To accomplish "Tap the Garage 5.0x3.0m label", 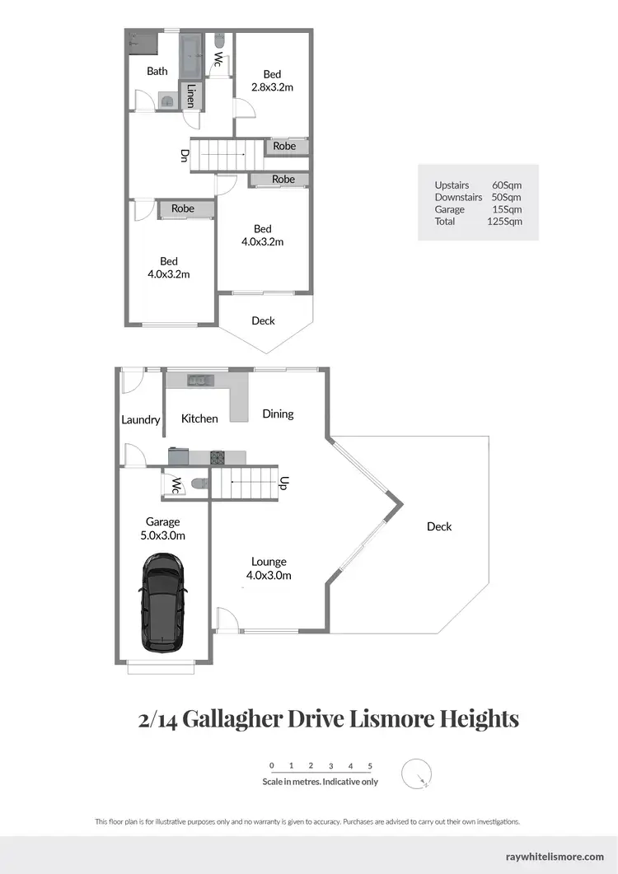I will tap(163, 528).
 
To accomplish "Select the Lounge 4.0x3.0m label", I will tap(269, 569).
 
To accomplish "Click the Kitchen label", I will tap(199, 418).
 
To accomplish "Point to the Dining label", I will tap(278, 414).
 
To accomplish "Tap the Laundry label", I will tap(140, 419).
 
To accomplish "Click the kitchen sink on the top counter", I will tap(198, 380).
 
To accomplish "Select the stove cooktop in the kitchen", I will tap(218, 457).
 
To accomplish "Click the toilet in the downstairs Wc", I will tap(195, 484).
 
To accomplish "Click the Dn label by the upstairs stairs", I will tap(185, 155).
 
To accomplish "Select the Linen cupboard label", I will tap(190, 96).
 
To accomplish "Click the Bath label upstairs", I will tap(157, 71).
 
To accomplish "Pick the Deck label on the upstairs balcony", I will tap(263, 320).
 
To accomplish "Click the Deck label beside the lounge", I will tap(439, 526).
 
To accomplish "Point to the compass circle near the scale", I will tap(417, 774).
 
